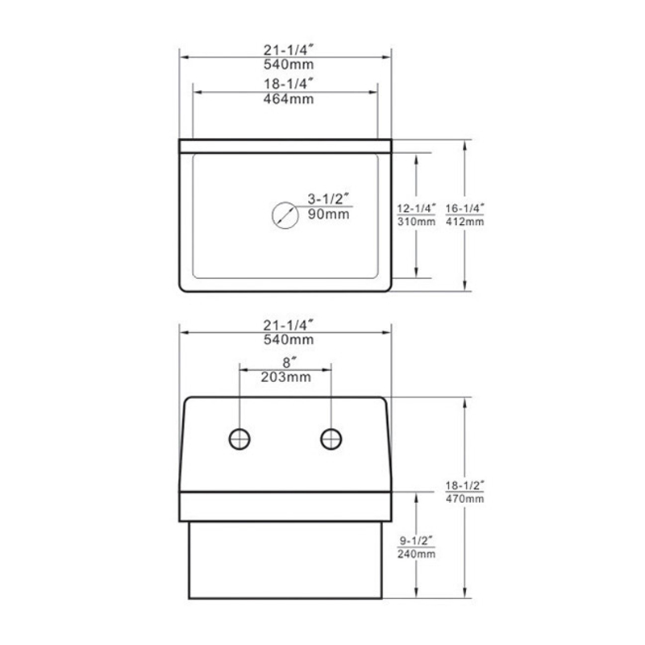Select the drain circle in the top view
pos(283,214)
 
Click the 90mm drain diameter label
pos(327,214)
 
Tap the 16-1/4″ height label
pos(465,207)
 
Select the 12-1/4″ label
pos(416,207)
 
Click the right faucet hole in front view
pos(331,439)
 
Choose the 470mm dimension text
pos(465,500)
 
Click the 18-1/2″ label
pos(465,485)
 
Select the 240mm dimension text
pos(416,555)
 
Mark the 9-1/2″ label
pos(416,540)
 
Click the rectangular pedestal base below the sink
pos(284,560)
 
